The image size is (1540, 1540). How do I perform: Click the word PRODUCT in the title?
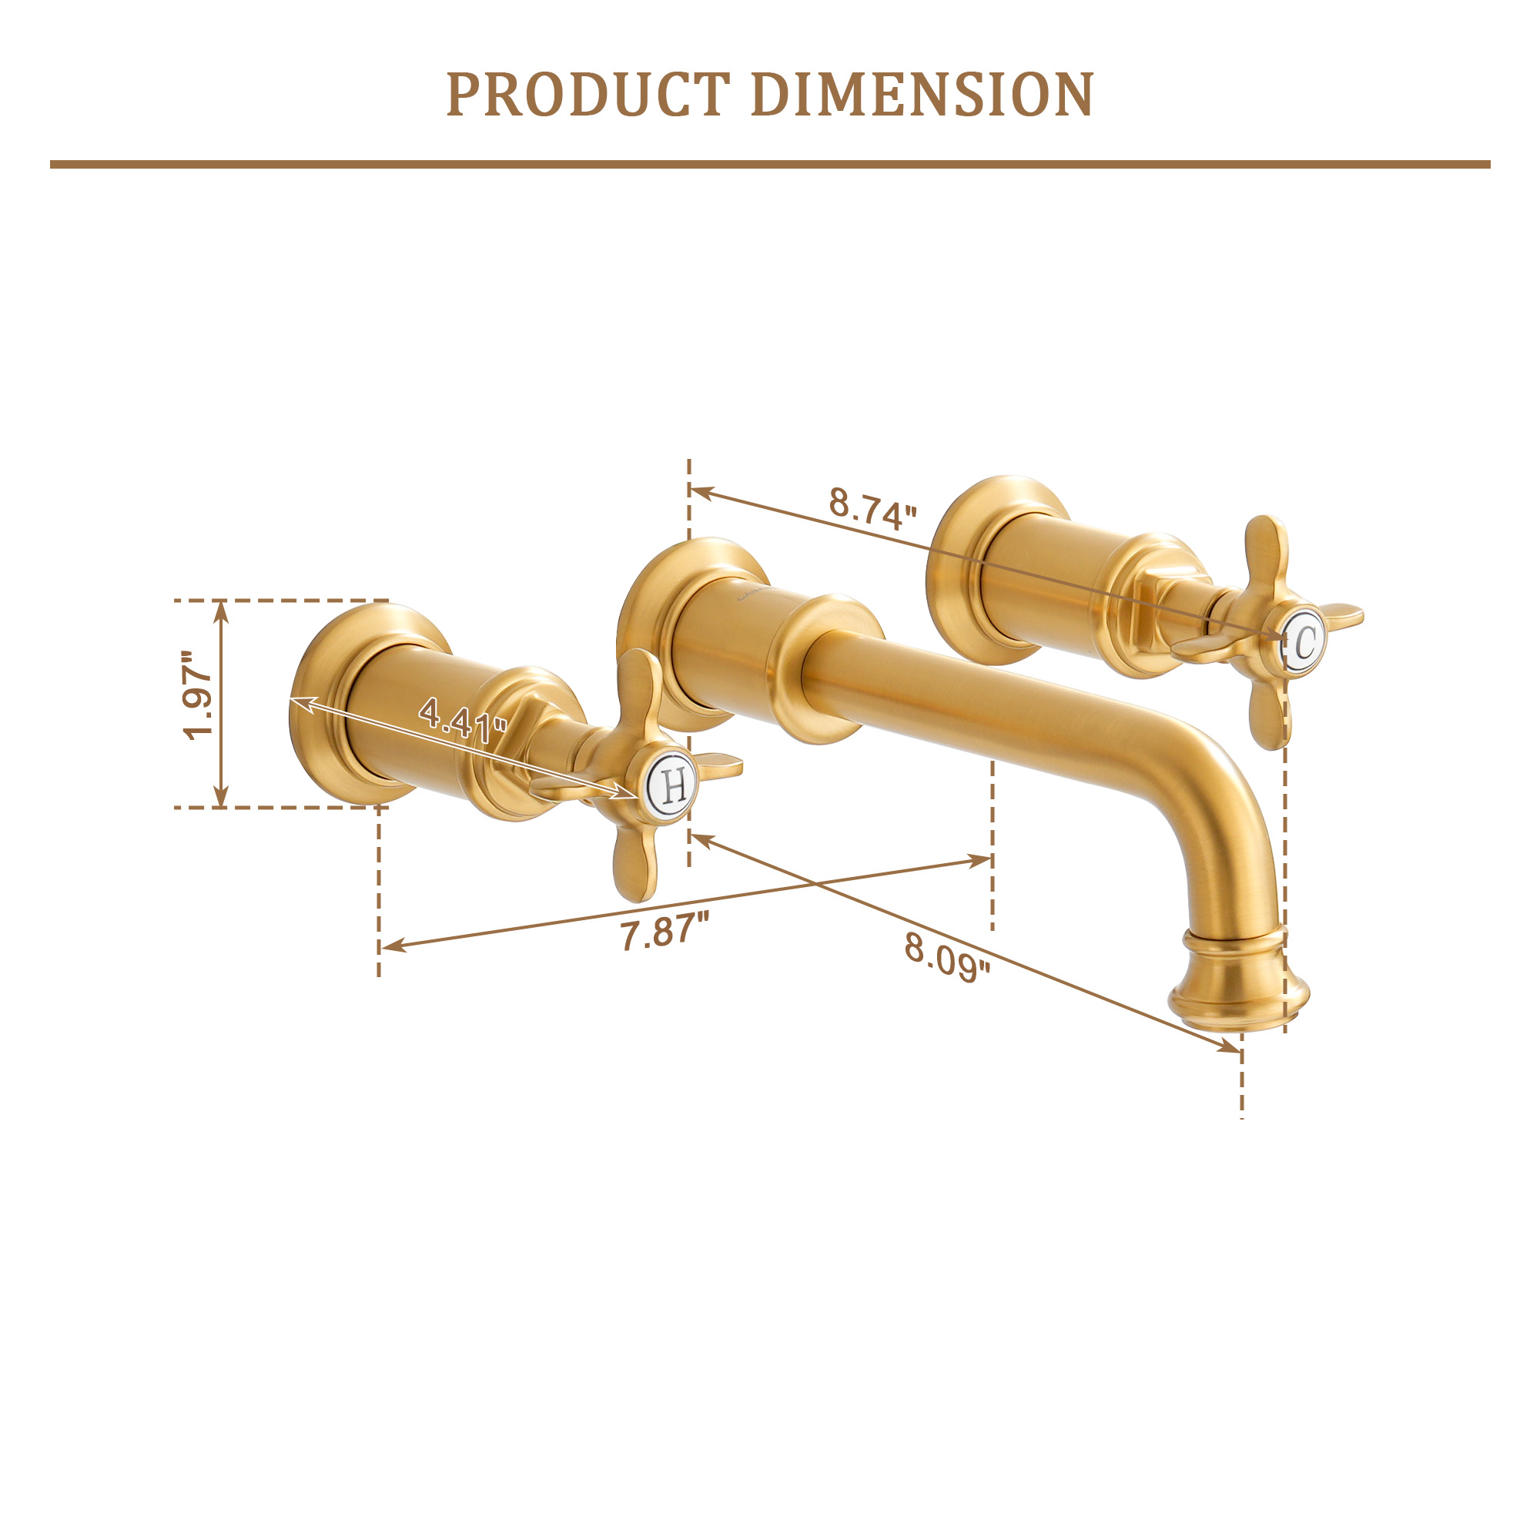pyautogui.click(x=588, y=95)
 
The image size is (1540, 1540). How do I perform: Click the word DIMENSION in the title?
pyautogui.click(x=922, y=95)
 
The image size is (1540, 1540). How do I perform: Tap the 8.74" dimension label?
pyautogui.click(x=873, y=507)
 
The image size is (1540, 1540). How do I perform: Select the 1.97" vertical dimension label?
pyautogui.click(x=197, y=696)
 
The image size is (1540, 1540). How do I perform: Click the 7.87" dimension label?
pyautogui.click(x=664, y=932)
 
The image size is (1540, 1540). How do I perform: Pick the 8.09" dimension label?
pyautogui.click(x=947, y=958)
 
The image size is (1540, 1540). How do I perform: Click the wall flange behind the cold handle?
pyautogui.click(x=956, y=570)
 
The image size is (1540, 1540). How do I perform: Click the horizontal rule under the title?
pyautogui.click(x=770, y=164)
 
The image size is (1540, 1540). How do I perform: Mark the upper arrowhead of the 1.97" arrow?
pyautogui.click(x=222, y=610)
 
